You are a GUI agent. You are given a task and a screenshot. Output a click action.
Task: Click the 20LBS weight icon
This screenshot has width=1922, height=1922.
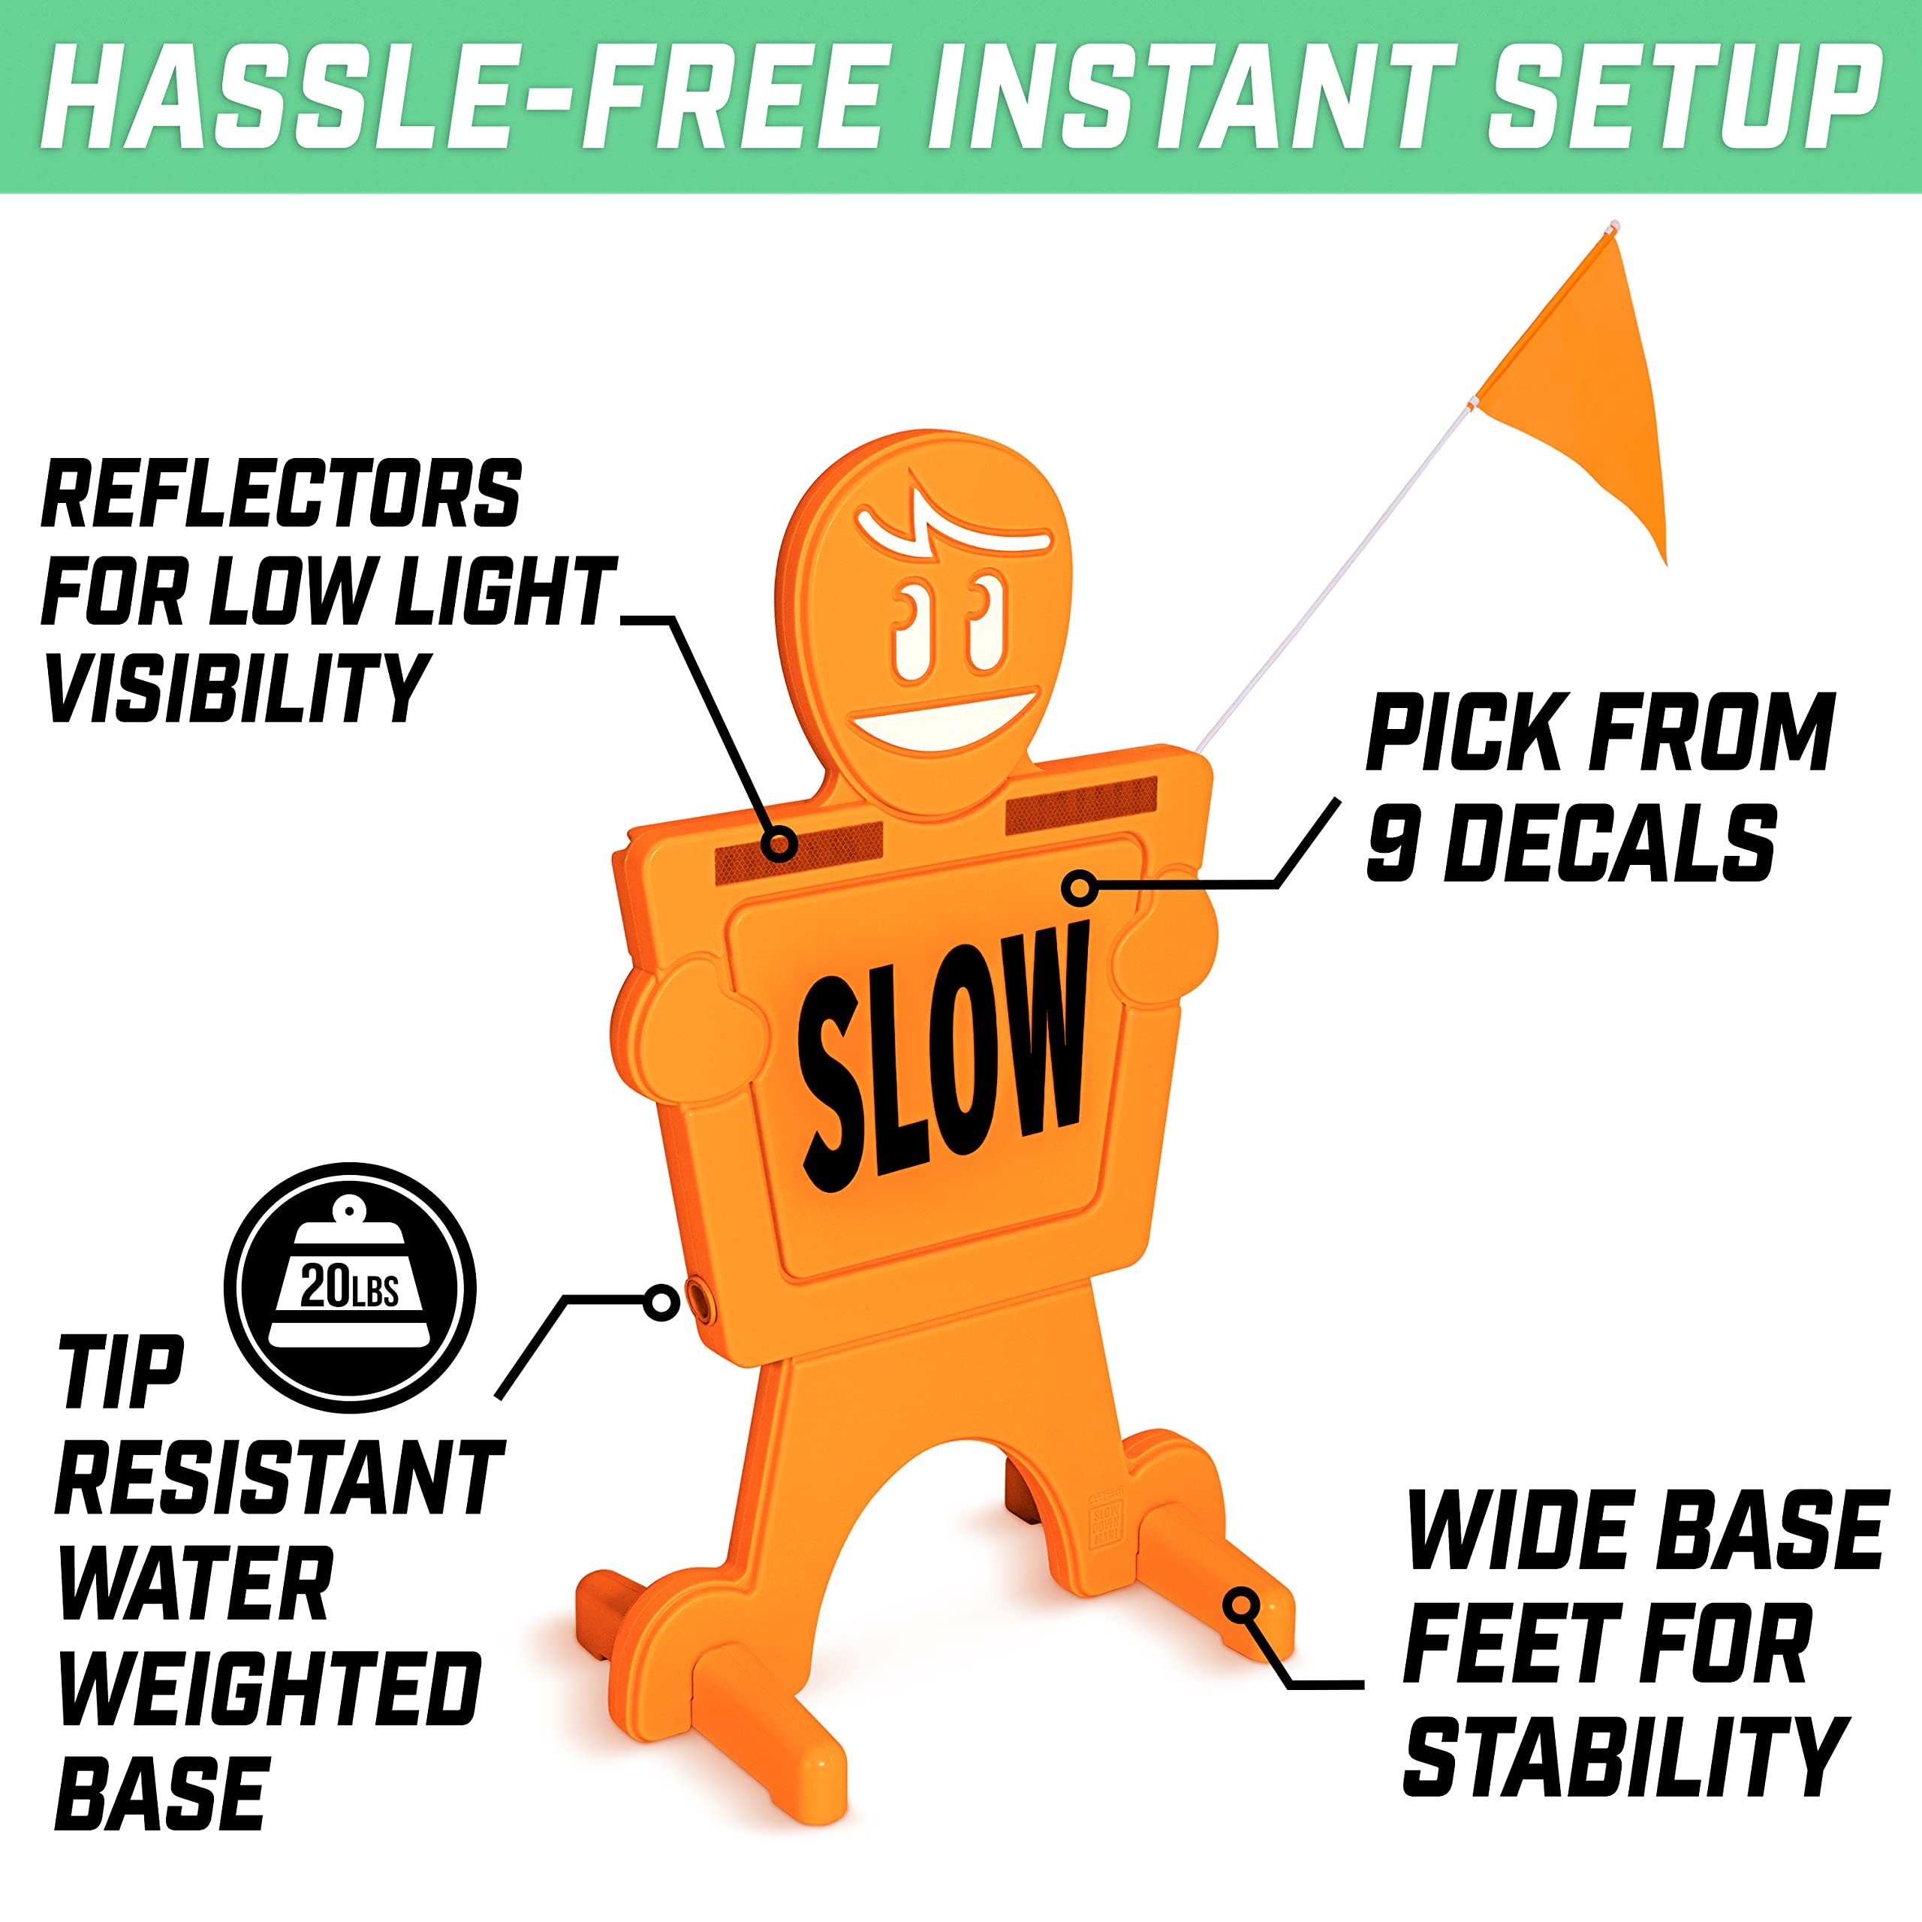pos(349,1288)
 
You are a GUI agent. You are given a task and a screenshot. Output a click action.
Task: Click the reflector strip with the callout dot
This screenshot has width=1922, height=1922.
pos(799,853)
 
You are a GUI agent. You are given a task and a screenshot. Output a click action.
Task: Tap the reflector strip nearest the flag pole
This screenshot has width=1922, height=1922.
pos(1083,805)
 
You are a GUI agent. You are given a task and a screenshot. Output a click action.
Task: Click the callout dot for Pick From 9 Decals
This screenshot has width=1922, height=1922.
pos(1080,887)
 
